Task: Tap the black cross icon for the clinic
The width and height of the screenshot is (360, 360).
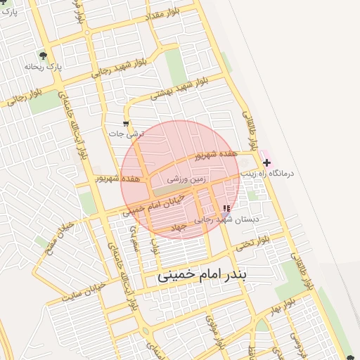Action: click(266, 162)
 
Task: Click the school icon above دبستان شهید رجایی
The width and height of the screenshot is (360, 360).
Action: click(225, 209)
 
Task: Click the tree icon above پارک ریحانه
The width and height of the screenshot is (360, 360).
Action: click(43, 56)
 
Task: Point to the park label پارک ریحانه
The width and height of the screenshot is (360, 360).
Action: click(44, 66)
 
